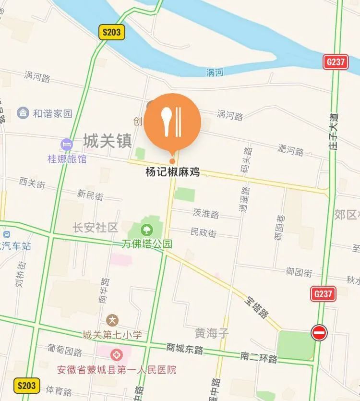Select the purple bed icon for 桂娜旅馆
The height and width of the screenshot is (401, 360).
[x=67, y=144]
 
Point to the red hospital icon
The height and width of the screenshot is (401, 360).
[x=116, y=356]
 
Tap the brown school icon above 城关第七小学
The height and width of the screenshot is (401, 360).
[x=112, y=320]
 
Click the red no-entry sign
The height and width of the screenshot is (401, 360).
[x=319, y=332]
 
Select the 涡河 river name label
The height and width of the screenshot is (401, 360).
[x=215, y=73]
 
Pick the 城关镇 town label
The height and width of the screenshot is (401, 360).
[x=107, y=141]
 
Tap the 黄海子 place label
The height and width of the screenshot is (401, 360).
[x=212, y=333]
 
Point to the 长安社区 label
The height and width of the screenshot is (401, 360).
[x=95, y=227]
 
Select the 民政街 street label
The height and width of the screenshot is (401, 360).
[x=204, y=232]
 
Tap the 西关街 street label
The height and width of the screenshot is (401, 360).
[x=32, y=182]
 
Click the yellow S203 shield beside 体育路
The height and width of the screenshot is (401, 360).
[x=27, y=385]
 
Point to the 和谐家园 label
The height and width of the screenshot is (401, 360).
[x=52, y=113]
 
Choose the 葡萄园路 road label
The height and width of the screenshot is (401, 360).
[x=65, y=349]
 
